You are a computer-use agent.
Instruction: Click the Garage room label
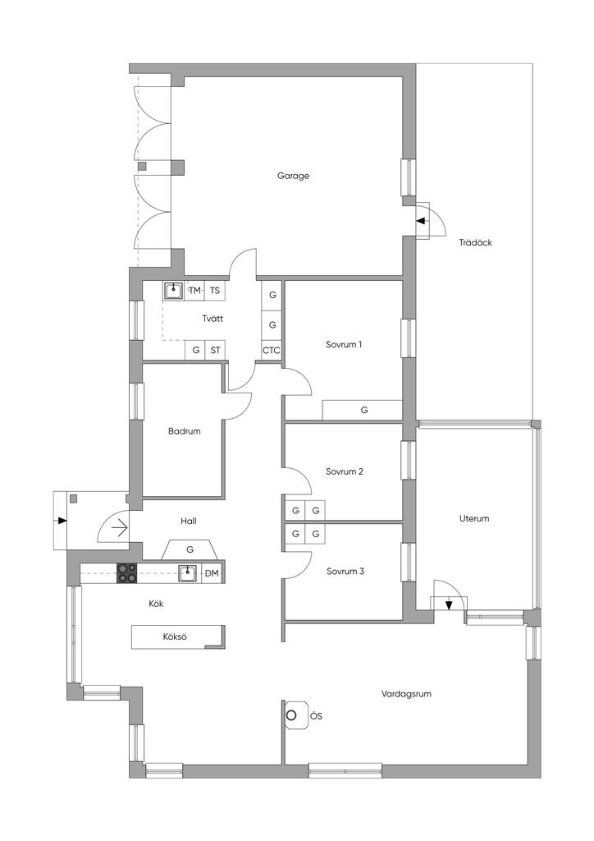pos(293,176)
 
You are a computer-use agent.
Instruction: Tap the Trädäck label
pos(475,242)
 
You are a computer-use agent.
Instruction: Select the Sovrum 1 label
pos(344,344)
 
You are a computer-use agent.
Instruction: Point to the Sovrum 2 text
pos(345,471)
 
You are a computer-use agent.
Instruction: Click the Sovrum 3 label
pos(345,572)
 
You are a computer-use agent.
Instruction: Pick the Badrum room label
pos(185,430)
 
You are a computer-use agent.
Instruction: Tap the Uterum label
pos(474,519)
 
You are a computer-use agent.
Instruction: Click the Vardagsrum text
pos(406,693)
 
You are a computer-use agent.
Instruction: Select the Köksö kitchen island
pos(178,637)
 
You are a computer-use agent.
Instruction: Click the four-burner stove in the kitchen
pos(127,572)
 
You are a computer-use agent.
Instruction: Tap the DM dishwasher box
pos(212,573)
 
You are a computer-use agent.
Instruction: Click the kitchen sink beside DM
pos(187,572)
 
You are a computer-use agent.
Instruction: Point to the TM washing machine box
pos(194,291)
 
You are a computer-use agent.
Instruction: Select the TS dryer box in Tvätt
pos(214,291)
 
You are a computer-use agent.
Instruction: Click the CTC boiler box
pos(271,351)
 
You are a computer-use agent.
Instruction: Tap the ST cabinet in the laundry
pos(215,350)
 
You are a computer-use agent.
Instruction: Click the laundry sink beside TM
pos(173,291)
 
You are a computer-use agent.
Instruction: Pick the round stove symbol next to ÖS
pos(291,715)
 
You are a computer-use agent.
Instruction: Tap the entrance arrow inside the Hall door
pos(119,529)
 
